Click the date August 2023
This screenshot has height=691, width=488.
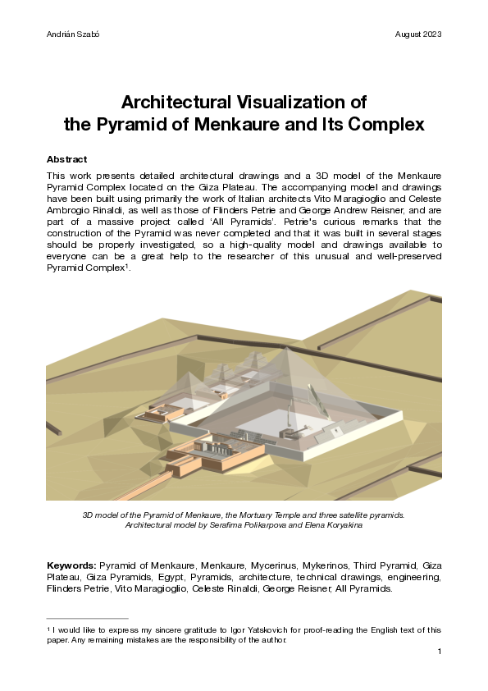tap(418, 34)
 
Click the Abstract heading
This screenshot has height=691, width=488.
tap(66, 159)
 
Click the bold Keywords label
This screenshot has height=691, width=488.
tap(71, 565)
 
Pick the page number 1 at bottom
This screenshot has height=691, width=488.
tap(440, 651)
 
